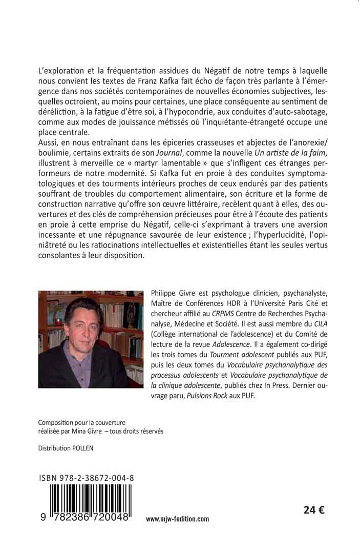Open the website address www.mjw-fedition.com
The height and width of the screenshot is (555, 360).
click(177, 519)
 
